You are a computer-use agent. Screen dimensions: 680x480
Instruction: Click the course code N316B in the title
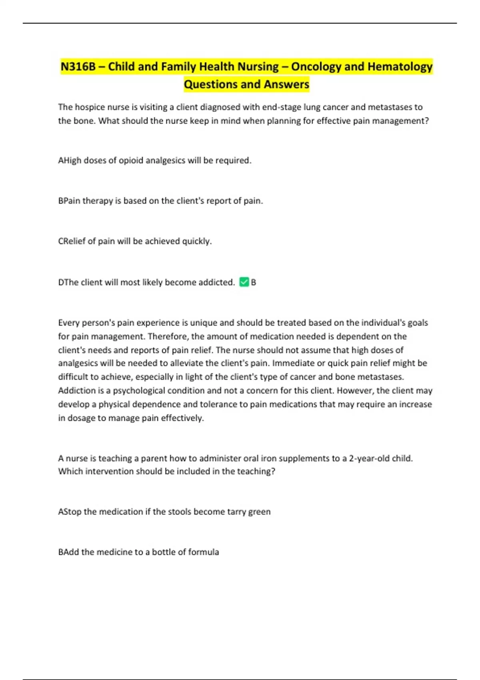[78, 66]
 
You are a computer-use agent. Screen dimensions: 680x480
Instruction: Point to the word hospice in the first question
[89, 107]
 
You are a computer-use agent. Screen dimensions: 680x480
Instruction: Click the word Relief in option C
[73, 241]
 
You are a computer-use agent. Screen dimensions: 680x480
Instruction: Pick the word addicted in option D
[217, 282]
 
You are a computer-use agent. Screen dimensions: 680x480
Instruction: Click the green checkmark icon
[244, 282]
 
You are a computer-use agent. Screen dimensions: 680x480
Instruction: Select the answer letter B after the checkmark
[254, 282]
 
